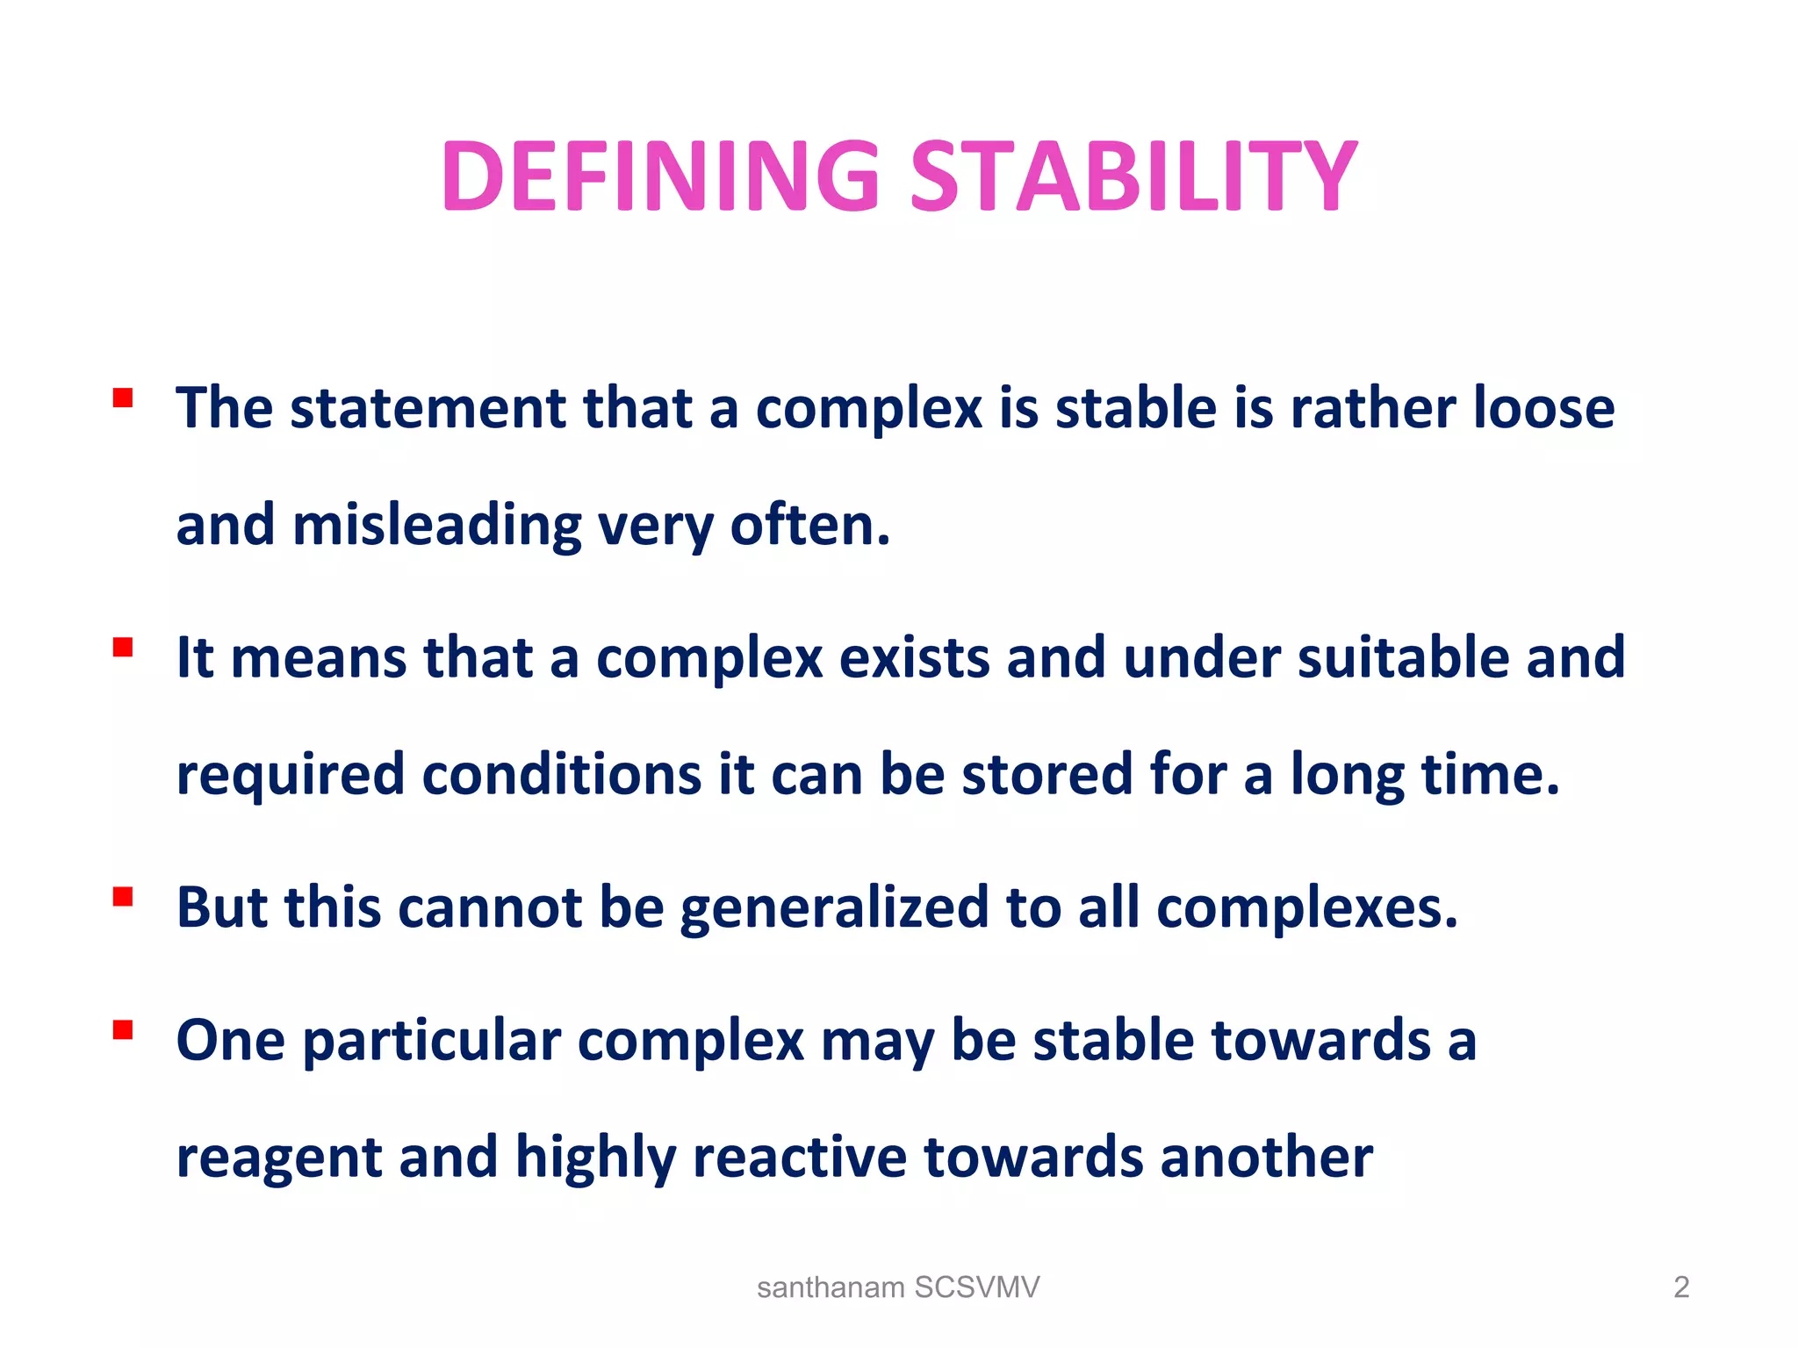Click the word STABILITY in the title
1133,177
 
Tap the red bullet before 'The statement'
123,399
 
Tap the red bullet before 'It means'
123,648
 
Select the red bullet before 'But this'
123,897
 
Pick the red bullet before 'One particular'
123,1029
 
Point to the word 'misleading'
436,526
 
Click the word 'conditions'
562,775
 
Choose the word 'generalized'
834,908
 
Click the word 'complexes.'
1307,908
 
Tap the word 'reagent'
278,1158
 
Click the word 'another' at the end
1266,1157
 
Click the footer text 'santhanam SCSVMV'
898,1287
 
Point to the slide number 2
1680,1287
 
